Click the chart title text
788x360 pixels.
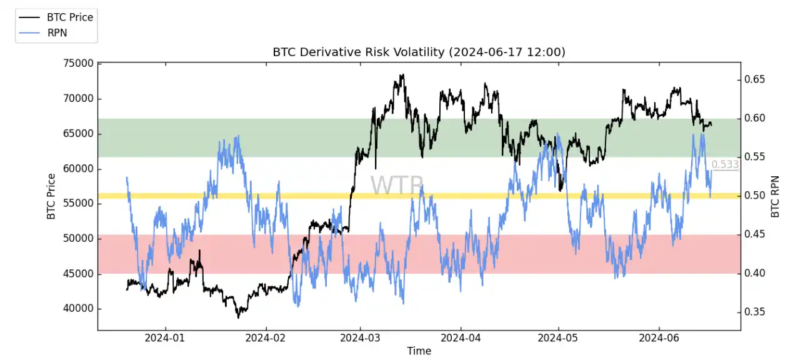(x=419, y=52)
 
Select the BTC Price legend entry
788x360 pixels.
(x=69, y=17)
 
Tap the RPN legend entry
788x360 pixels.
(x=57, y=33)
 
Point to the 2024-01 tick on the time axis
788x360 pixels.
(x=166, y=338)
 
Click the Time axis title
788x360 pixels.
(x=419, y=351)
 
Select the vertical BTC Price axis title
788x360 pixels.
(x=51, y=196)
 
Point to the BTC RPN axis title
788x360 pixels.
(x=776, y=196)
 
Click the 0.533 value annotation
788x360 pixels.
(x=725, y=164)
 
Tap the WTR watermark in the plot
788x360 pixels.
(x=397, y=186)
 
